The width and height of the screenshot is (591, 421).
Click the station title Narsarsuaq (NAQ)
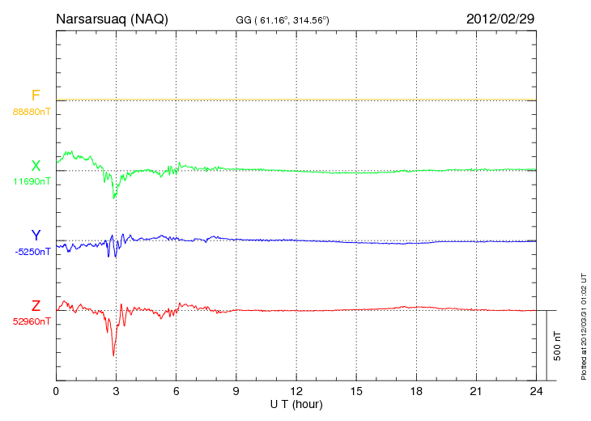click(112, 19)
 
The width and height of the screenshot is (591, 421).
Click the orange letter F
click(36, 96)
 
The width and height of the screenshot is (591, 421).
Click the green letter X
click(36, 166)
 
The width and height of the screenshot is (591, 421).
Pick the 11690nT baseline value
click(32, 181)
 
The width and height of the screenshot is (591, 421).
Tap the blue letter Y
click(36, 236)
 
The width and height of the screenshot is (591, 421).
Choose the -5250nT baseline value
click(32, 251)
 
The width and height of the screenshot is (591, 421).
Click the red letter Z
click(36, 306)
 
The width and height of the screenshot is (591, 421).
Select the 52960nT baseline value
click(32, 321)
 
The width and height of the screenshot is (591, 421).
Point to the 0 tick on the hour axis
click(56, 391)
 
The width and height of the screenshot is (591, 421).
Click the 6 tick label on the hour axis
click(176, 391)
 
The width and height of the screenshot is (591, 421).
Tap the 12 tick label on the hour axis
click(296, 391)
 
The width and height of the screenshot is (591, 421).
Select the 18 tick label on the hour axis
click(416, 391)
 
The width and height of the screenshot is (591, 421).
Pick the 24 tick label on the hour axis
click(536, 391)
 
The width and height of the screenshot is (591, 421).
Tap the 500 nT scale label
click(558, 346)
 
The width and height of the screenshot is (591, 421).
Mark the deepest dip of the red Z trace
click(113, 355)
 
